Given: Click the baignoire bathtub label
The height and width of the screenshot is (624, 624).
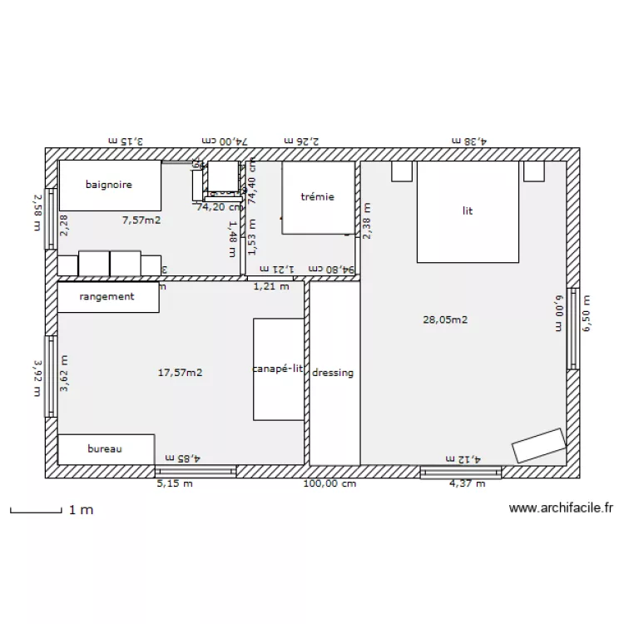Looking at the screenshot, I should click(108, 186).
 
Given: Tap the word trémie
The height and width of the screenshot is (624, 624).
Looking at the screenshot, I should click(317, 197).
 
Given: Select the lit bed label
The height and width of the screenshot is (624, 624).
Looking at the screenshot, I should click(468, 211).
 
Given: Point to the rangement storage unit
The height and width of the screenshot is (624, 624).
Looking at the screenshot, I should click(107, 297).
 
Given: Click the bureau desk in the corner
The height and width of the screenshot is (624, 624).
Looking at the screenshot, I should click(106, 448).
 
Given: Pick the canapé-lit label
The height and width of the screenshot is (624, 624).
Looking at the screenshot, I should click(279, 369).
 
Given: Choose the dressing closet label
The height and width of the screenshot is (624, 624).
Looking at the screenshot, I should click(334, 373).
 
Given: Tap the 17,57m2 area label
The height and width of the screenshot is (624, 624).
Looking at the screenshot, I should click(181, 373).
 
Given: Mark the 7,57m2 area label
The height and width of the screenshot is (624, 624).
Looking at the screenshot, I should click(141, 220).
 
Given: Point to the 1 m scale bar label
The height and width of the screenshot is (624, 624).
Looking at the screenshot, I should click(82, 509).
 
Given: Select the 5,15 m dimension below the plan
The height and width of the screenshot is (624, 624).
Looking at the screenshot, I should click(176, 483).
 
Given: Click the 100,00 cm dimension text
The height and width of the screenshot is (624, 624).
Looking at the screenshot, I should click(329, 483).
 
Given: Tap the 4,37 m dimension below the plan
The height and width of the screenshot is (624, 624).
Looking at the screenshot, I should click(467, 483).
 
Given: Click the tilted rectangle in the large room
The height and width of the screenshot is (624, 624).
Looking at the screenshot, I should click(539, 445).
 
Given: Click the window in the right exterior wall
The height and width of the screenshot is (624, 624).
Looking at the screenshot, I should click(572, 333).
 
